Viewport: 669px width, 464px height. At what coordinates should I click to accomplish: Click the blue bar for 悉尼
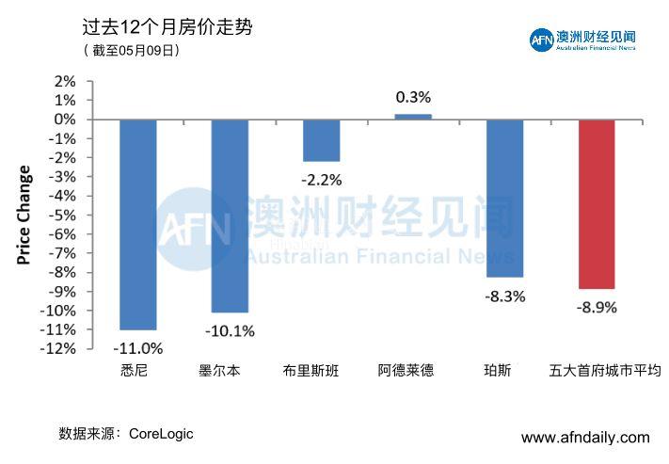137,224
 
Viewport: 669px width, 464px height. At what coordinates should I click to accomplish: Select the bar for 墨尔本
230,216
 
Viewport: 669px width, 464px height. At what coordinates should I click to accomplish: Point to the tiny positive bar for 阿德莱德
413,117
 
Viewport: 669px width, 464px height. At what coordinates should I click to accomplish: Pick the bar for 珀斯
504,198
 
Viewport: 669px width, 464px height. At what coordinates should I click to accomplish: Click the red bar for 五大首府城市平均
597,203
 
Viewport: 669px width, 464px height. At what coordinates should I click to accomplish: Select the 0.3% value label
413,97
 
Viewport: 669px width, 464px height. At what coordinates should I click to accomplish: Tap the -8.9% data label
597,307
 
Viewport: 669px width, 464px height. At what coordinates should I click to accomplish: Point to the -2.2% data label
321,180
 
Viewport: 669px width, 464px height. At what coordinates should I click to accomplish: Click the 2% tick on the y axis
65,82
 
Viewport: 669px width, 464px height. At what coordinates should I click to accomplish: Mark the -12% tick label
58,349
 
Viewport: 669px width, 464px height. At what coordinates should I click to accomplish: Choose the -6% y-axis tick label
62,234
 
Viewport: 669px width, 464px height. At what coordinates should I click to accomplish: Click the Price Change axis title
24,215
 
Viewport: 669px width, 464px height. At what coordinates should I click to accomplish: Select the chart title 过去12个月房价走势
167,29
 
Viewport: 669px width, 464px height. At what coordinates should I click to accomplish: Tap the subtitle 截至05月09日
131,51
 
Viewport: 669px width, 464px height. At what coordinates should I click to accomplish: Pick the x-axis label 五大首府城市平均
605,371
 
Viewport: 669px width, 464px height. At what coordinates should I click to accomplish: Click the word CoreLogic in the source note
161,434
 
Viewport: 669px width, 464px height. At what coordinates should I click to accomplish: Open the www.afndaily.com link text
585,438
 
